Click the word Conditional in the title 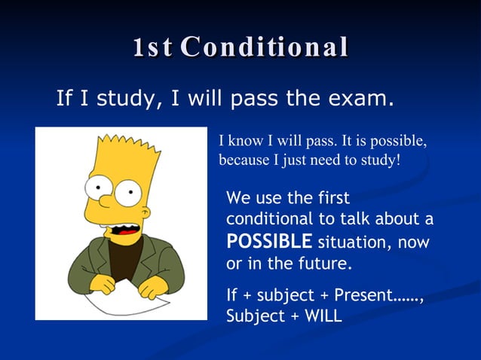pyautogui.click(x=265, y=47)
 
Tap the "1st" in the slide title pyautogui.click(x=152, y=47)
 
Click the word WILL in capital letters pyautogui.click(x=322, y=316)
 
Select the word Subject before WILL pyautogui.click(x=254, y=316)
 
